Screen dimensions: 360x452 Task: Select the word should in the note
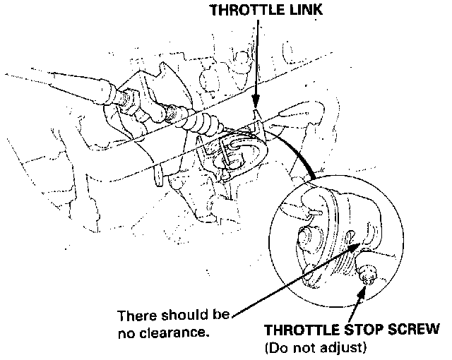(176, 314)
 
